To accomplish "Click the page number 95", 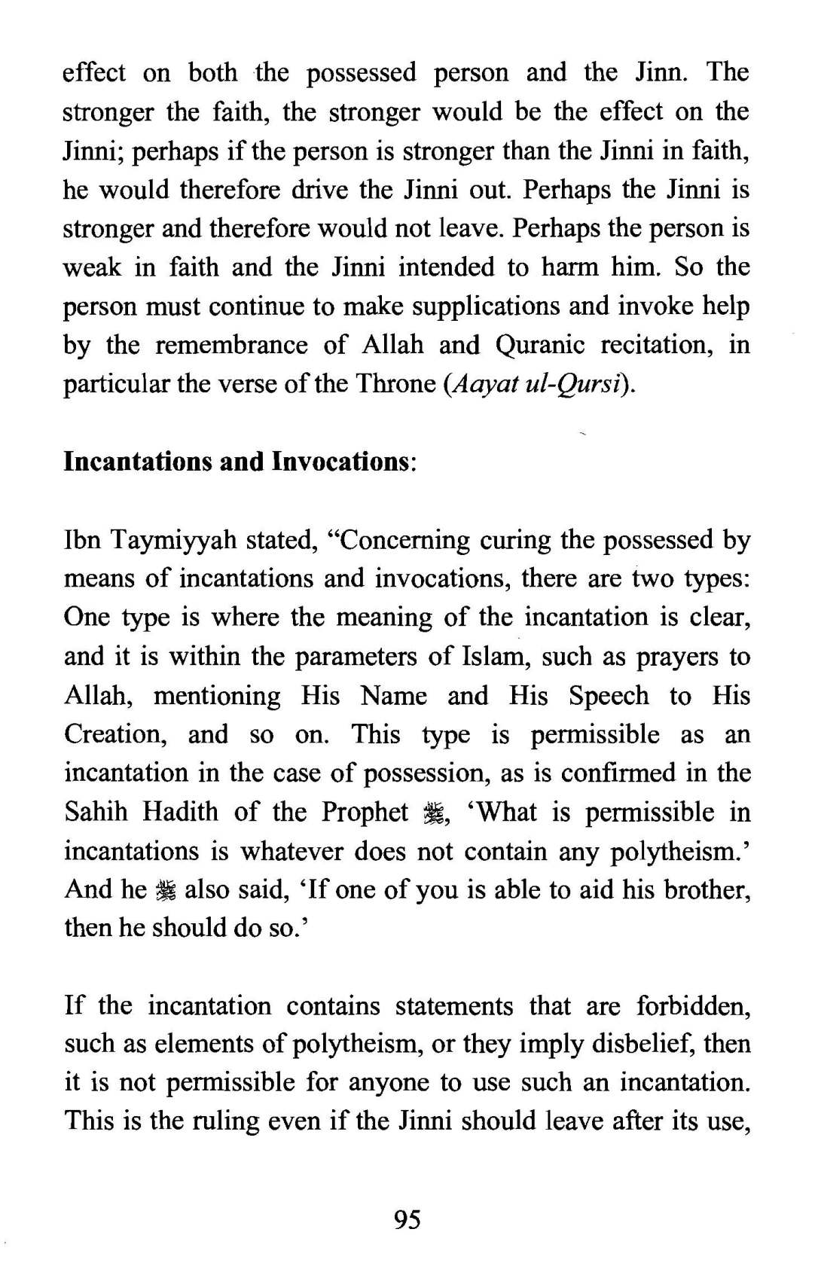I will pyautogui.click(x=407, y=1218).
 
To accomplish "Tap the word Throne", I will pyautogui.click(x=395, y=383).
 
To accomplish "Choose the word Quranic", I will pyautogui.click(x=540, y=345).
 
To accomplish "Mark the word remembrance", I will pyautogui.click(x=231, y=345).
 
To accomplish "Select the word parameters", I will pyautogui.click(x=355, y=657).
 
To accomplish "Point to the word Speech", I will pyautogui.click(x=608, y=695).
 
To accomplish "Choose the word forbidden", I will pyautogui.click(x=693, y=1005).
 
